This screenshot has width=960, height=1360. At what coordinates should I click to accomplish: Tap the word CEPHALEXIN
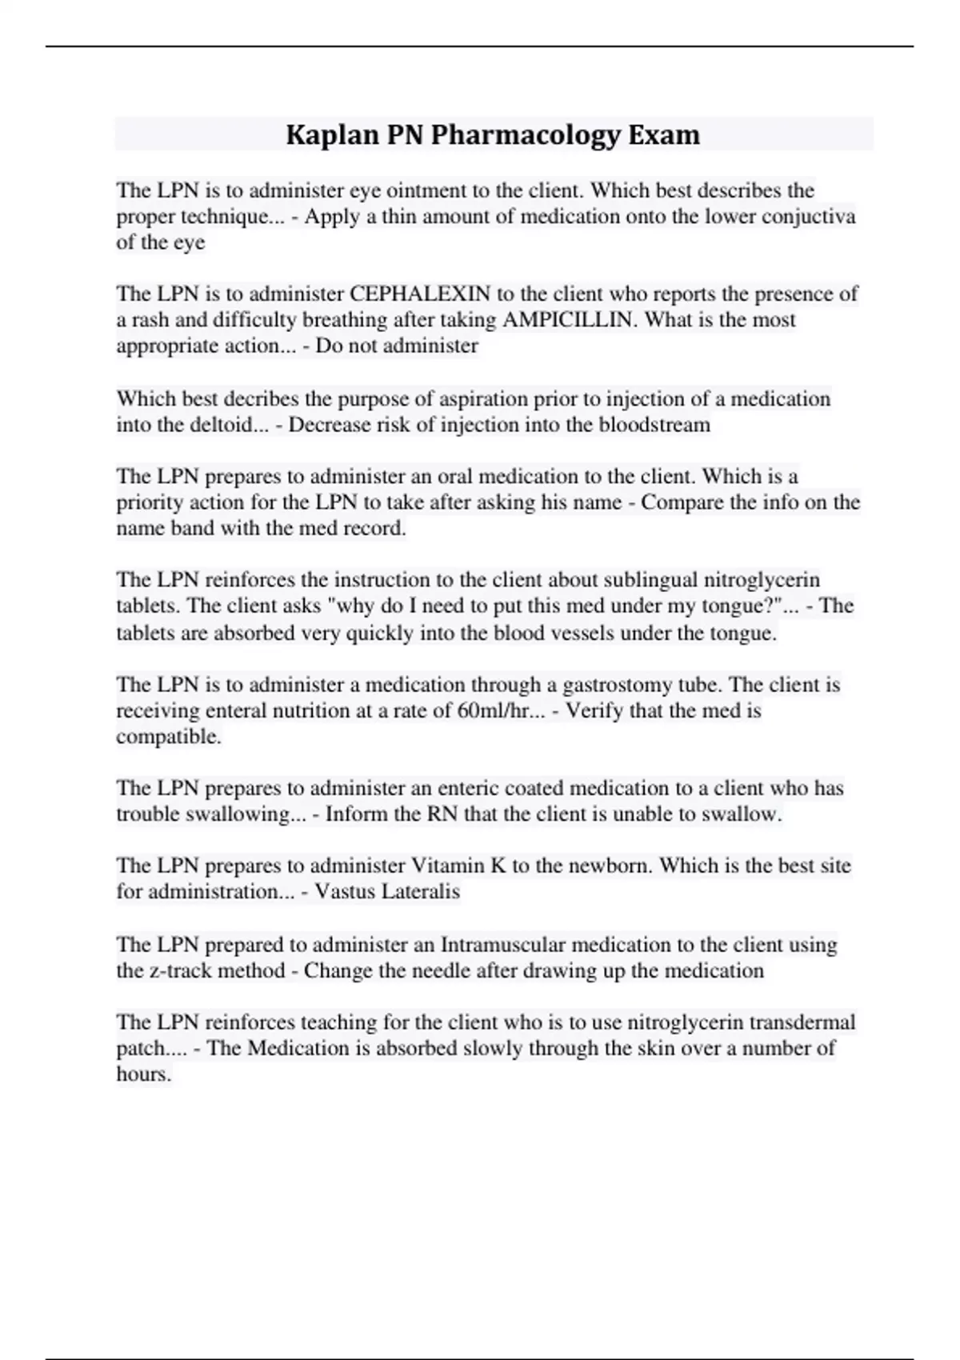click(420, 294)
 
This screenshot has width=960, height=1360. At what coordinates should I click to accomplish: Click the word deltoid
click(207, 425)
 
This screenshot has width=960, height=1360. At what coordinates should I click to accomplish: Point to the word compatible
click(168, 737)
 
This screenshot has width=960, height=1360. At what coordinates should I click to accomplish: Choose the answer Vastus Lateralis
click(387, 891)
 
